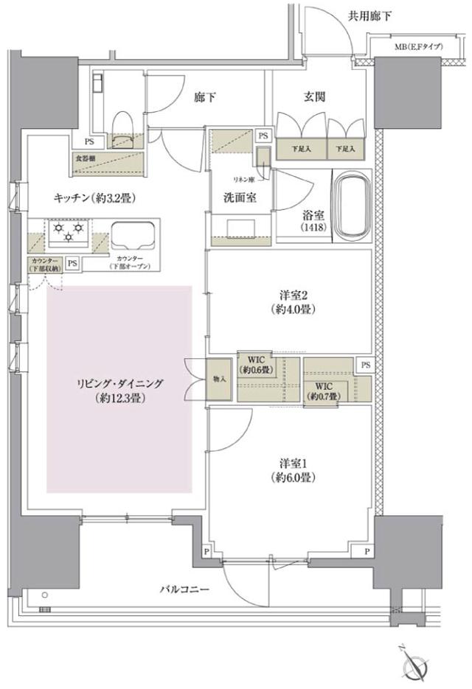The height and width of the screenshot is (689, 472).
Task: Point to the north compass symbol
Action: point(415,665)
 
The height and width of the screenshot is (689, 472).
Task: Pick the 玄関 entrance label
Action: point(314,97)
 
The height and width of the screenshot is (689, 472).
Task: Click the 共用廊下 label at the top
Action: point(370,14)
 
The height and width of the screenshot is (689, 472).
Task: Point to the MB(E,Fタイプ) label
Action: point(418,47)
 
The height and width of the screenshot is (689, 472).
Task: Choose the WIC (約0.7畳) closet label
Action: point(325,391)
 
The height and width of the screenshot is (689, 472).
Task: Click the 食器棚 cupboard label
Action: point(85,158)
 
